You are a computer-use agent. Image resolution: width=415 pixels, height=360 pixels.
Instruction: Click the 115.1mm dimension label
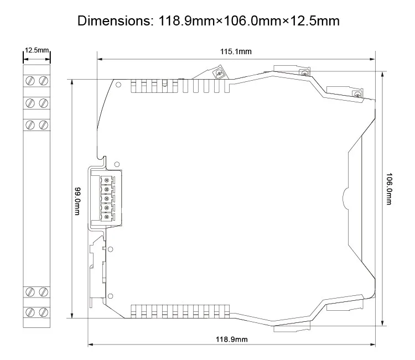pos(236,51)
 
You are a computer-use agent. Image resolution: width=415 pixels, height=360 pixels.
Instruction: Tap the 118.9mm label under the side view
pos(232,340)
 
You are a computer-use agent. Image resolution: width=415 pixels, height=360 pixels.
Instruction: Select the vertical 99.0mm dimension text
pos(77,201)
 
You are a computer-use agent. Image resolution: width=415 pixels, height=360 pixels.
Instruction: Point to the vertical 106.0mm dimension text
pos(389,189)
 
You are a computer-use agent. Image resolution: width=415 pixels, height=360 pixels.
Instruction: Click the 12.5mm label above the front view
pos(37,50)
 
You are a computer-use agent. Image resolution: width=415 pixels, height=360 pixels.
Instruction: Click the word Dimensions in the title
pos(114,21)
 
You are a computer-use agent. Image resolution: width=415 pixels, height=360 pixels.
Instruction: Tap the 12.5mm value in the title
pos(315,21)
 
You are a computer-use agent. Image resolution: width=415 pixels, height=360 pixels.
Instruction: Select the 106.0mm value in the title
pos(252,21)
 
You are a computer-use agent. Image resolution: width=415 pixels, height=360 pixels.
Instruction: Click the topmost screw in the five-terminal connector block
pos(107,180)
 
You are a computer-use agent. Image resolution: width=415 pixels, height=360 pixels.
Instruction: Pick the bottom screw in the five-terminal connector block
pos(107,217)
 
